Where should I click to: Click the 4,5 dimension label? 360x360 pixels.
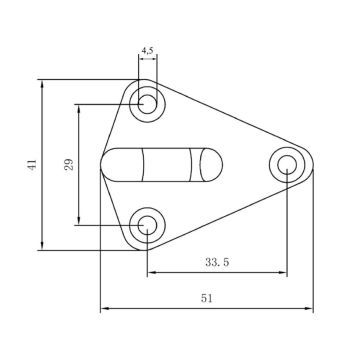coord(147,51)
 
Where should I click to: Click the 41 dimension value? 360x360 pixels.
coord(32,165)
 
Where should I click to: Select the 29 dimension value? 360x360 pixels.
coord(69,165)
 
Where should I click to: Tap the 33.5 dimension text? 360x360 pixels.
coord(217,262)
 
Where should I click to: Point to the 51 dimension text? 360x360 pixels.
coord(207,298)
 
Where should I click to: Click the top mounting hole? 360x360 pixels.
coord(147,104)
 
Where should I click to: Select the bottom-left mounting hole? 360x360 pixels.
coord(147,225)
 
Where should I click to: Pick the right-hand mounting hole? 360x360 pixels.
coord(287,165)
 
